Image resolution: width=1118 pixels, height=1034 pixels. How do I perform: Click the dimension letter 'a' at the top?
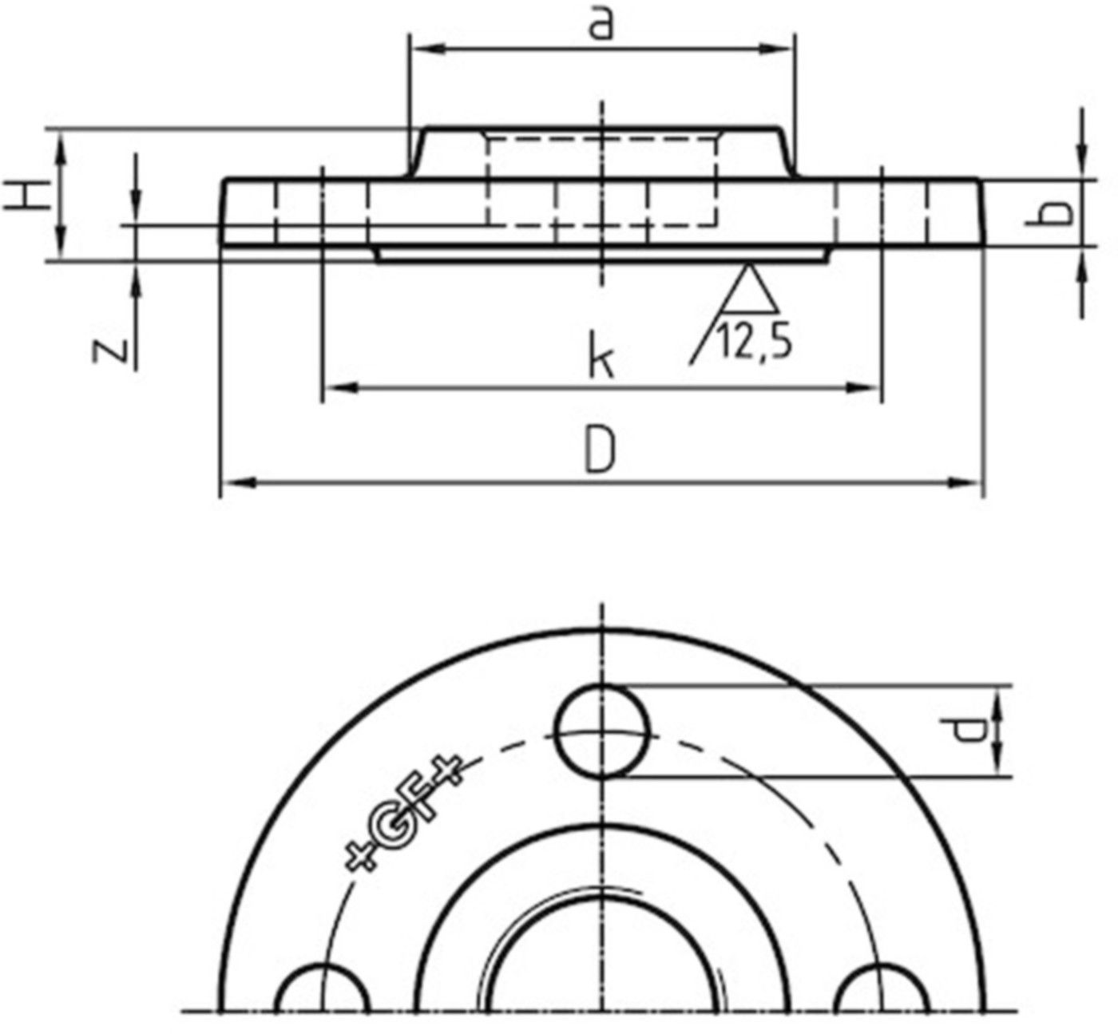click(x=601, y=25)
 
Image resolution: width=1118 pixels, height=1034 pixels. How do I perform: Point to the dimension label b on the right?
click(x=1057, y=212)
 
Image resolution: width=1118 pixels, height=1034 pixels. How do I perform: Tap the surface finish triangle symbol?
click(x=749, y=291)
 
